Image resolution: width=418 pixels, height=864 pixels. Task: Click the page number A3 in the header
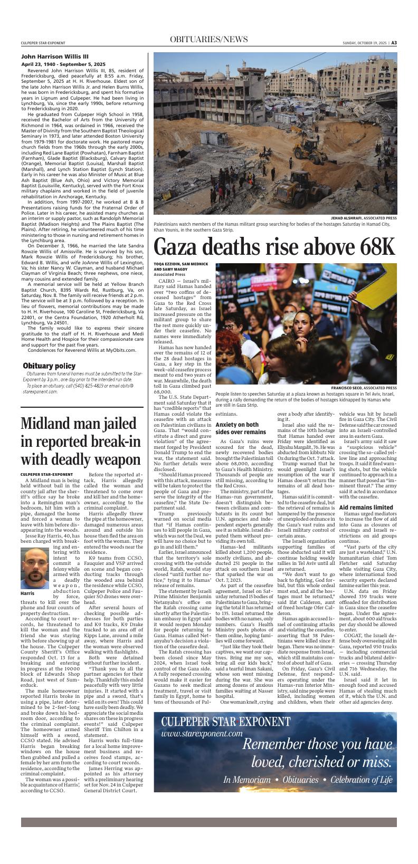click(x=394, y=43)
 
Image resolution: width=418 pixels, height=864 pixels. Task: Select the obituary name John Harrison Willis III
click(x=55, y=56)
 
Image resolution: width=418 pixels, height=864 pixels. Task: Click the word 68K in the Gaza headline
click(x=369, y=247)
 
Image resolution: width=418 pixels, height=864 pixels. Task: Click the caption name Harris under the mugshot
click(x=28, y=593)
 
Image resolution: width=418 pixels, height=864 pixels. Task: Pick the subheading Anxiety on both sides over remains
click(x=237, y=428)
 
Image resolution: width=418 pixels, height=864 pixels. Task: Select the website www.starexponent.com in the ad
click(x=202, y=733)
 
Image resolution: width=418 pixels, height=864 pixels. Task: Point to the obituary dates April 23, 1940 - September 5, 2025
click(x=63, y=64)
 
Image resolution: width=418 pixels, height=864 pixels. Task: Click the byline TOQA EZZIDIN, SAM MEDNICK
click(x=181, y=264)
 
